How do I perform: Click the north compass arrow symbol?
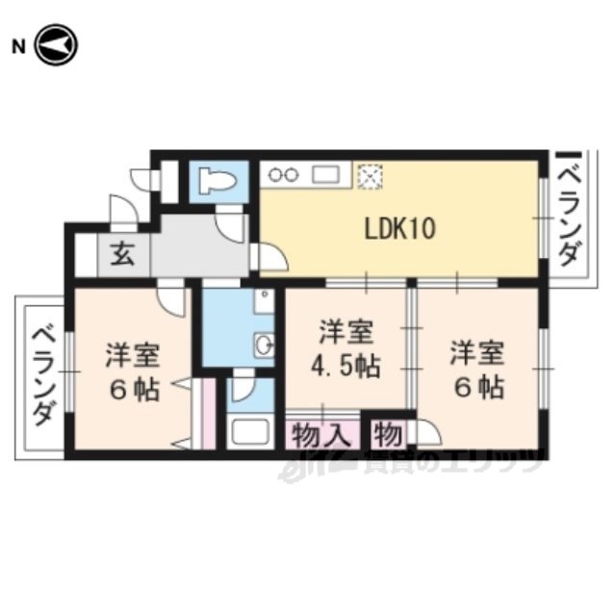tap(56, 45)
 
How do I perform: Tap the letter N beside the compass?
tap(18, 47)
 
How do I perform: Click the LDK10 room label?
tap(400, 229)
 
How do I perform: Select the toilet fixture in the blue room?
tap(218, 180)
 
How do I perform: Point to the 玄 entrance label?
tap(123, 253)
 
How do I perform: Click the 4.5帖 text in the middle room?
tap(346, 367)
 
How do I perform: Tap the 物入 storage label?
tap(321, 435)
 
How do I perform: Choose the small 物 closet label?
tap(388, 435)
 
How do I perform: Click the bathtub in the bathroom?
tap(250, 431)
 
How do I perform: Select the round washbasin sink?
tap(264, 345)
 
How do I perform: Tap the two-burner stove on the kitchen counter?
tap(283, 175)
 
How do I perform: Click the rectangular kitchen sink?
tap(325, 174)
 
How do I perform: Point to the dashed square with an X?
tap(370, 176)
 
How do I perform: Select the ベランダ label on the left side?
tap(42, 376)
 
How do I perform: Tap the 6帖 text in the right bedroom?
tap(479, 387)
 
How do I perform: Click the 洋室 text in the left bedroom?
tap(133, 355)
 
